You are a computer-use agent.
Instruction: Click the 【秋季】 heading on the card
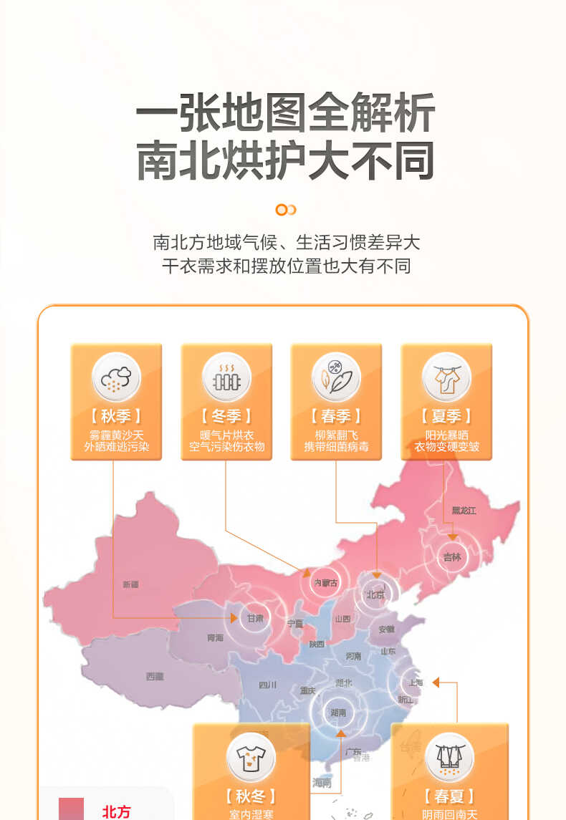(116, 416)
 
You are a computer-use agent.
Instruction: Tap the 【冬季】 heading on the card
(226, 416)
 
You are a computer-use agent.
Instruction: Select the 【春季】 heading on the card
(336, 416)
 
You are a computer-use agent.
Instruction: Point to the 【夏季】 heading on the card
(446, 416)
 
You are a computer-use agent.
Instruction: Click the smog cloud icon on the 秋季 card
(116, 377)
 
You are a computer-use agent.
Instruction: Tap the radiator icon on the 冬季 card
(226, 377)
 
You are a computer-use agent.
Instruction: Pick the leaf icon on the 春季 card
(336, 377)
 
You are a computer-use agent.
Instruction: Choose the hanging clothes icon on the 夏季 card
(446, 377)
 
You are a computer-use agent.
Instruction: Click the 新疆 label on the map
(130, 584)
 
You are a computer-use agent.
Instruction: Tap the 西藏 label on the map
(155, 676)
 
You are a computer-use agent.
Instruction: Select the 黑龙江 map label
(464, 511)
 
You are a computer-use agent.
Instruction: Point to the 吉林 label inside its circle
(452, 556)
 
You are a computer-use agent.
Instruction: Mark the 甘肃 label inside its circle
(255, 617)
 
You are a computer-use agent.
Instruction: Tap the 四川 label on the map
(268, 685)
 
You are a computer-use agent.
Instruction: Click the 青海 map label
(215, 637)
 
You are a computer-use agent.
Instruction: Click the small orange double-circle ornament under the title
(286, 210)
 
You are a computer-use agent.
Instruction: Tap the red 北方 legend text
(117, 811)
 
